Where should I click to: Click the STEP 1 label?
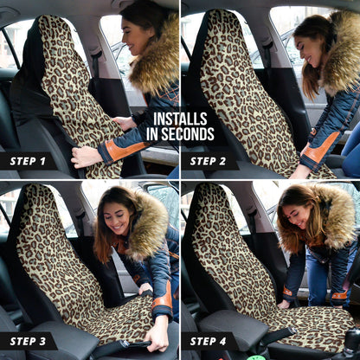(x=28, y=161)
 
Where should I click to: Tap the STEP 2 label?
(x=208, y=161)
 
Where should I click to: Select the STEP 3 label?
(x=28, y=341)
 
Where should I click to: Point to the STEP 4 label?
(x=208, y=341)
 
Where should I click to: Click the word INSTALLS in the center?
(x=180, y=119)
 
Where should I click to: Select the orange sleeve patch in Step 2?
(x=318, y=147)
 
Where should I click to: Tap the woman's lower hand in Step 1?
(x=85, y=157)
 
